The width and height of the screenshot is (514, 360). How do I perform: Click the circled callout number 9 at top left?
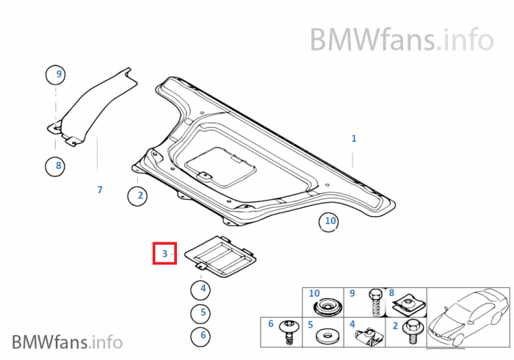pyautogui.click(x=56, y=73)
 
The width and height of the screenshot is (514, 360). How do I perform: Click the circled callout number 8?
pyautogui.click(x=58, y=165)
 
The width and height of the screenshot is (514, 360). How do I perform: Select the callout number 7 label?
pyautogui.click(x=100, y=190)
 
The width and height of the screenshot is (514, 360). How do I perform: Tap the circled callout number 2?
pyautogui.click(x=138, y=195)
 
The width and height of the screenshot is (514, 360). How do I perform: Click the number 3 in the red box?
pyautogui.click(x=164, y=254)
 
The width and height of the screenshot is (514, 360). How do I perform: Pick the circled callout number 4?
pyautogui.click(x=202, y=289)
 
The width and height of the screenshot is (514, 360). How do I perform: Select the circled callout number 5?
pyautogui.click(x=202, y=313)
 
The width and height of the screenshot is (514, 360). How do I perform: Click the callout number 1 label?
pyautogui.click(x=353, y=138)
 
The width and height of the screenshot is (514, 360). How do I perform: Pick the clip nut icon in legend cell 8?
pyautogui.click(x=405, y=302)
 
